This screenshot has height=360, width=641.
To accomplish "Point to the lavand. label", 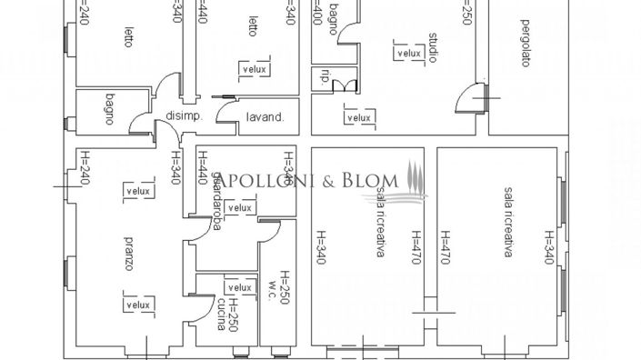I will click(266, 116).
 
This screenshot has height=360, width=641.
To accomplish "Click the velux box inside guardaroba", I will click(239, 208).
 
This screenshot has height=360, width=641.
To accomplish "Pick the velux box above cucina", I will click(239, 286).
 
